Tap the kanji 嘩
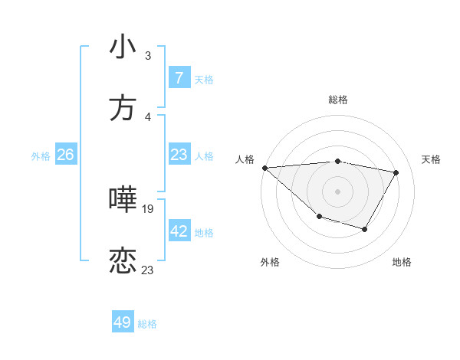[x=123, y=200]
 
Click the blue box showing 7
[x=179, y=78]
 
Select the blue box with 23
[x=179, y=155]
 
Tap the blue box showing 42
[x=179, y=231]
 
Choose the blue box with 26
[x=65, y=155]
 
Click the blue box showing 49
[x=123, y=322]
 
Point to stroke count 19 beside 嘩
[x=148, y=208]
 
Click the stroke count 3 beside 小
[x=148, y=55]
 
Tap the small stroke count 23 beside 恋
[x=148, y=270]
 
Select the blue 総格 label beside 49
[x=147, y=324]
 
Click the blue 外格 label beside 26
[x=41, y=156]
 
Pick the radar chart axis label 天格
[x=431, y=159]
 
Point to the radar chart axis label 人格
[x=245, y=159]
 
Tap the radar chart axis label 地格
[x=402, y=262]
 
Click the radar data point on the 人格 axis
[x=264, y=168]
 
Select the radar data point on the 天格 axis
[x=396, y=172]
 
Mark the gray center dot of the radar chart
[x=337, y=191]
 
